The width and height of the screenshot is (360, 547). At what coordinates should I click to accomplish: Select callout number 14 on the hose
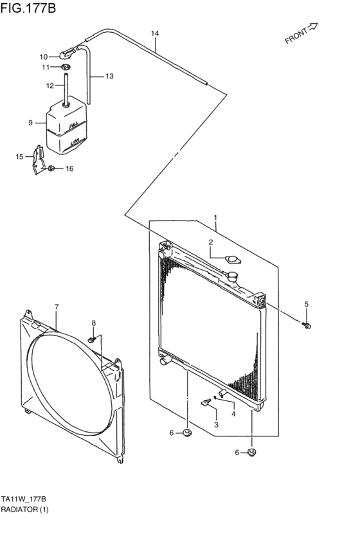click(154, 33)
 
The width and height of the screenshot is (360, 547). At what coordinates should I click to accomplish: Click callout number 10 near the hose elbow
click(44, 56)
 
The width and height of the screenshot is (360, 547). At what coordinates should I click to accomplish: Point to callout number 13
click(109, 76)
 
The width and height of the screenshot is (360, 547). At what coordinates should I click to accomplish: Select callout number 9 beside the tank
click(30, 122)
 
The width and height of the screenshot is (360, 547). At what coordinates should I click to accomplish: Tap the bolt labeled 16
click(51, 169)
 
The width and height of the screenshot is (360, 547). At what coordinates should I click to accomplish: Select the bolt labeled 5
click(307, 325)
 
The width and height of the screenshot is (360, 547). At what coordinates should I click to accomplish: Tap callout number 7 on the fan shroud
click(56, 307)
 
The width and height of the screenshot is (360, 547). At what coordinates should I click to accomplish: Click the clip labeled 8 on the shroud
click(94, 337)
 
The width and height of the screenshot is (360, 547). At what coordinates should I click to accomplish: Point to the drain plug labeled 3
click(206, 403)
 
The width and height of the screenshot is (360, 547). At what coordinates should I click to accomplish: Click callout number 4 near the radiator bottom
click(233, 414)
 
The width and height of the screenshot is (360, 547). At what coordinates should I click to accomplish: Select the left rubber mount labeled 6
click(187, 432)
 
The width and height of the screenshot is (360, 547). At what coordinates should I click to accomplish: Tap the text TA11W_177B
click(23, 499)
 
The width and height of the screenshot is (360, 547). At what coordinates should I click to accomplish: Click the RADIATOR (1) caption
click(24, 510)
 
